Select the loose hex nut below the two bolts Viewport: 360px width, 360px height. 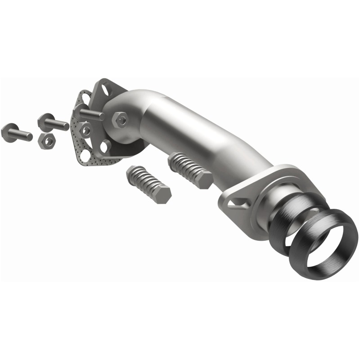[47, 141]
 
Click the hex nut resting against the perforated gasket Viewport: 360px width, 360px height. [85, 130]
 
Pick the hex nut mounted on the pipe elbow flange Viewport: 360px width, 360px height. [121, 119]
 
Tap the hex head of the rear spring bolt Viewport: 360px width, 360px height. [203, 180]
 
